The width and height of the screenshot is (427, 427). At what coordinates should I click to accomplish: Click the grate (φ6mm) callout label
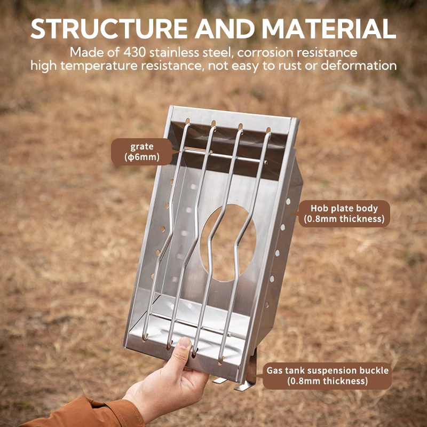click(x=141, y=152)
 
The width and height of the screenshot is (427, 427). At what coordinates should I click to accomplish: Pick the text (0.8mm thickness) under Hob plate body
click(x=344, y=219)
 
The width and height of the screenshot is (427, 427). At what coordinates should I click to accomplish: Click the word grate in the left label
click(x=141, y=146)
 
